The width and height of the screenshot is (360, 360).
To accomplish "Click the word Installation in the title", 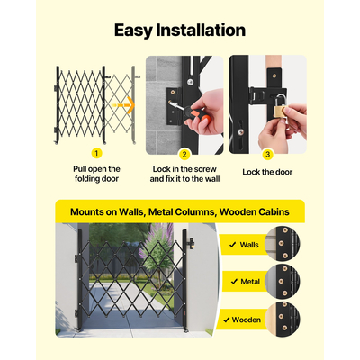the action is (x=201, y=30).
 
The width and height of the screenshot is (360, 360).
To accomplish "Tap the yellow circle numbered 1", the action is (x=96, y=153).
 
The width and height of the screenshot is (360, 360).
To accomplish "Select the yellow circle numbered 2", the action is (x=184, y=154).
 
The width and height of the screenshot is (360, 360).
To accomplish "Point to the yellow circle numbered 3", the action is (x=267, y=154).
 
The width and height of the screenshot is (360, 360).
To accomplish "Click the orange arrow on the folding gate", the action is (x=122, y=105).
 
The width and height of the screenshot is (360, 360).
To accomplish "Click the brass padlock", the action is (x=280, y=109).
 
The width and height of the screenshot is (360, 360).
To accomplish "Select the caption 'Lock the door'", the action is (x=267, y=172).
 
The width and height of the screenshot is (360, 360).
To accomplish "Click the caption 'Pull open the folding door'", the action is (x=96, y=174).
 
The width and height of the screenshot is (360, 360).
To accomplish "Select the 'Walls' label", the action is (x=249, y=245).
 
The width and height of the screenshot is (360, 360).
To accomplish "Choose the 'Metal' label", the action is (x=250, y=282).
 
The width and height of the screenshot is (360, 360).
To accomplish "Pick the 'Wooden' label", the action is (x=247, y=319).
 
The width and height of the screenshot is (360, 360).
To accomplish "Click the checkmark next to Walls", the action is (x=233, y=245).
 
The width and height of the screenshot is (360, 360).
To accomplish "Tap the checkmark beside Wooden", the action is (x=227, y=319).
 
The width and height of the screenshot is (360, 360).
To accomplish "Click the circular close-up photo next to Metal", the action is (x=283, y=282).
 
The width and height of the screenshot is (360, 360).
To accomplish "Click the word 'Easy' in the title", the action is (x=133, y=31).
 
